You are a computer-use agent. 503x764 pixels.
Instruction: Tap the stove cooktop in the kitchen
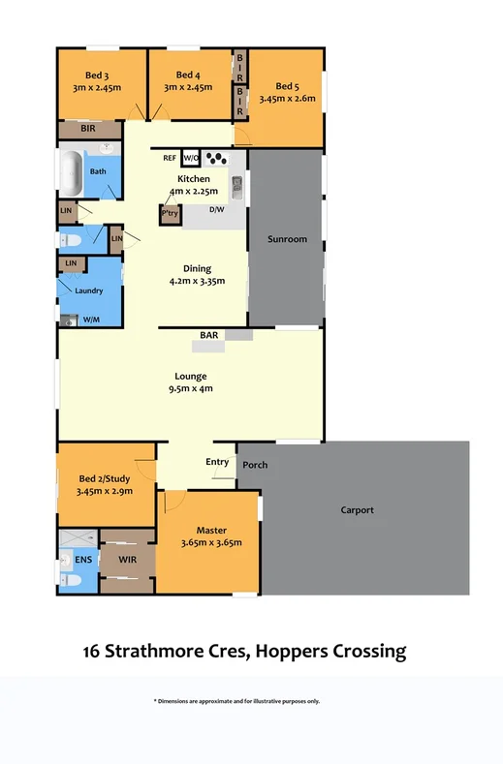pyautogui.click(x=218, y=159)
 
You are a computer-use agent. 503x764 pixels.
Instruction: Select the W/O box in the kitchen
pyautogui.click(x=191, y=158)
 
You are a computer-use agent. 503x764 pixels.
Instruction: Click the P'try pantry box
pyautogui.click(x=171, y=214)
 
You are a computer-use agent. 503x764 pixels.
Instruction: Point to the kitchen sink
pyautogui.click(x=236, y=181)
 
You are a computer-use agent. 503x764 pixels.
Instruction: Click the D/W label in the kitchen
pyautogui.click(x=216, y=208)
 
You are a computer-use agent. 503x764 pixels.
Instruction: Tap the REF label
pyautogui.click(x=169, y=158)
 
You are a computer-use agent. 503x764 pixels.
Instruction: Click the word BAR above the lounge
pyautogui.click(x=208, y=335)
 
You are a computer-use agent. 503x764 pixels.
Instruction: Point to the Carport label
pyautogui.click(x=357, y=510)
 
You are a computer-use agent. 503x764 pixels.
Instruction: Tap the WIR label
pyautogui.click(x=127, y=560)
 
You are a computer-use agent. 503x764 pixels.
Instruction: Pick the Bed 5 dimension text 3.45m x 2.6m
pyautogui.click(x=286, y=97)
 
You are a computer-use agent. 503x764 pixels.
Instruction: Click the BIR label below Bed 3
pyautogui.click(x=87, y=128)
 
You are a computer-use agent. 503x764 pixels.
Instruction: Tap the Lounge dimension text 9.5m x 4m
pyautogui.click(x=191, y=388)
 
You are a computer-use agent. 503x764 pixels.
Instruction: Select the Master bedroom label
pyautogui.click(x=210, y=530)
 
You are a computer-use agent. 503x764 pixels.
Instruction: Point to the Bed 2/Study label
pyautogui.click(x=105, y=477)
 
